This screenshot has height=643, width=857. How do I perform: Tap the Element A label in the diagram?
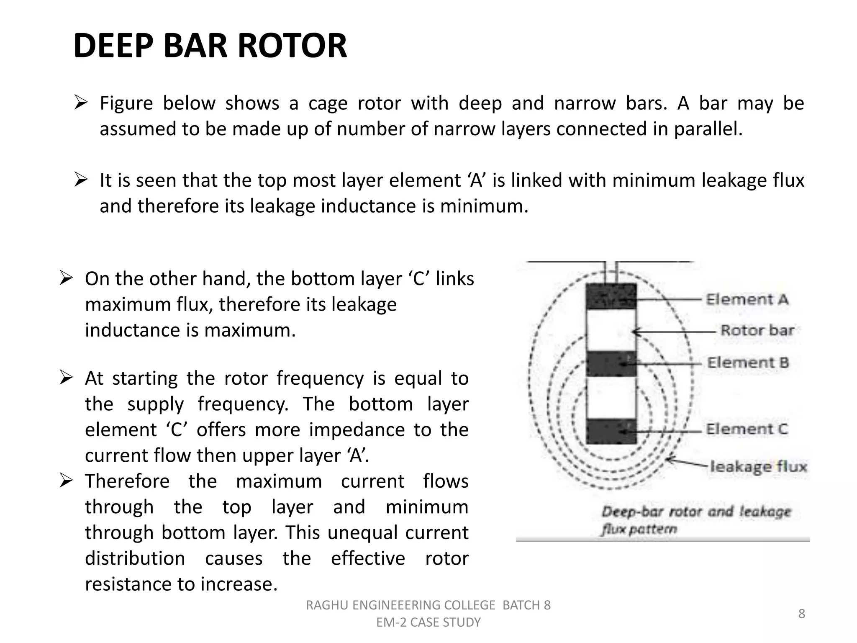click(747, 299)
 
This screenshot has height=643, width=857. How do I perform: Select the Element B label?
click(748, 363)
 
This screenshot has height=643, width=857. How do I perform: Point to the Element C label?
click(747, 429)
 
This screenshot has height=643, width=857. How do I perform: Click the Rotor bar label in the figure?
click(757, 330)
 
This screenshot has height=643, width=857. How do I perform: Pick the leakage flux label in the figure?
click(758, 466)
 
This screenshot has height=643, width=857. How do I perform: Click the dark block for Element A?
click(611, 296)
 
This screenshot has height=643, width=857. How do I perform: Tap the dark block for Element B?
click(611, 363)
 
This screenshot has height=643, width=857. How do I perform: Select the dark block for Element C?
click(611, 431)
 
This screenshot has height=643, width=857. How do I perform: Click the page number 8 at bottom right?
click(801, 614)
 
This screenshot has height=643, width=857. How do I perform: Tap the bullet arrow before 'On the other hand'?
click(66, 278)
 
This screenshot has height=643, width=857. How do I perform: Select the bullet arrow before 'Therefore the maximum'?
click(66, 481)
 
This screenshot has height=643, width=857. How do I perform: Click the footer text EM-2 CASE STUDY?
click(428, 622)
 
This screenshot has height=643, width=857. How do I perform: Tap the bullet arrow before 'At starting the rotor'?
click(66, 378)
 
